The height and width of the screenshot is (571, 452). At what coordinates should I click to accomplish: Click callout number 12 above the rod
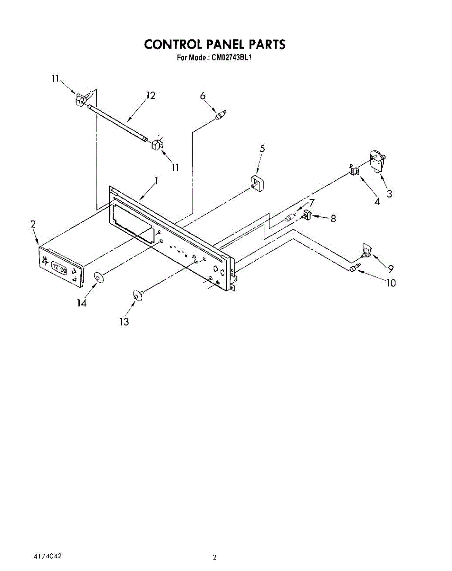(x=151, y=96)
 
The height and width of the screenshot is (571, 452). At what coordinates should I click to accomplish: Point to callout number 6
(x=203, y=96)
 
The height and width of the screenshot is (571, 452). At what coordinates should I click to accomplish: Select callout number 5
(x=262, y=148)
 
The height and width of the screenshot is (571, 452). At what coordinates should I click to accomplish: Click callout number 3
(x=389, y=194)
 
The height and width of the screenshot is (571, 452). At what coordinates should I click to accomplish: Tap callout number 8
(x=333, y=218)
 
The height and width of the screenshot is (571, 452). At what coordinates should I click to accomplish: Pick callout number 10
(x=391, y=283)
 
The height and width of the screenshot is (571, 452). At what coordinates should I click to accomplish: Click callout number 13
(x=124, y=322)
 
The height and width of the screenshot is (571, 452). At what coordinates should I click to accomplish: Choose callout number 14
(x=82, y=303)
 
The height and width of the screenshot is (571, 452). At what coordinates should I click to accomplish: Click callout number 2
(x=33, y=225)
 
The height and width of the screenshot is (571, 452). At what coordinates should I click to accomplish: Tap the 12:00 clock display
(x=59, y=269)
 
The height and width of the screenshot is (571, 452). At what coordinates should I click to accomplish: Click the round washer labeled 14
(x=98, y=278)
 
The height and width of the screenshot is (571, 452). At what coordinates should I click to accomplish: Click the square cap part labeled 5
(x=257, y=183)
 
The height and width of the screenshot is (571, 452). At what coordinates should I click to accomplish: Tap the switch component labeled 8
(x=307, y=215)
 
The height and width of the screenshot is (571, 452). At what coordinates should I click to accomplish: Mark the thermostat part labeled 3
(x=378, y=162)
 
